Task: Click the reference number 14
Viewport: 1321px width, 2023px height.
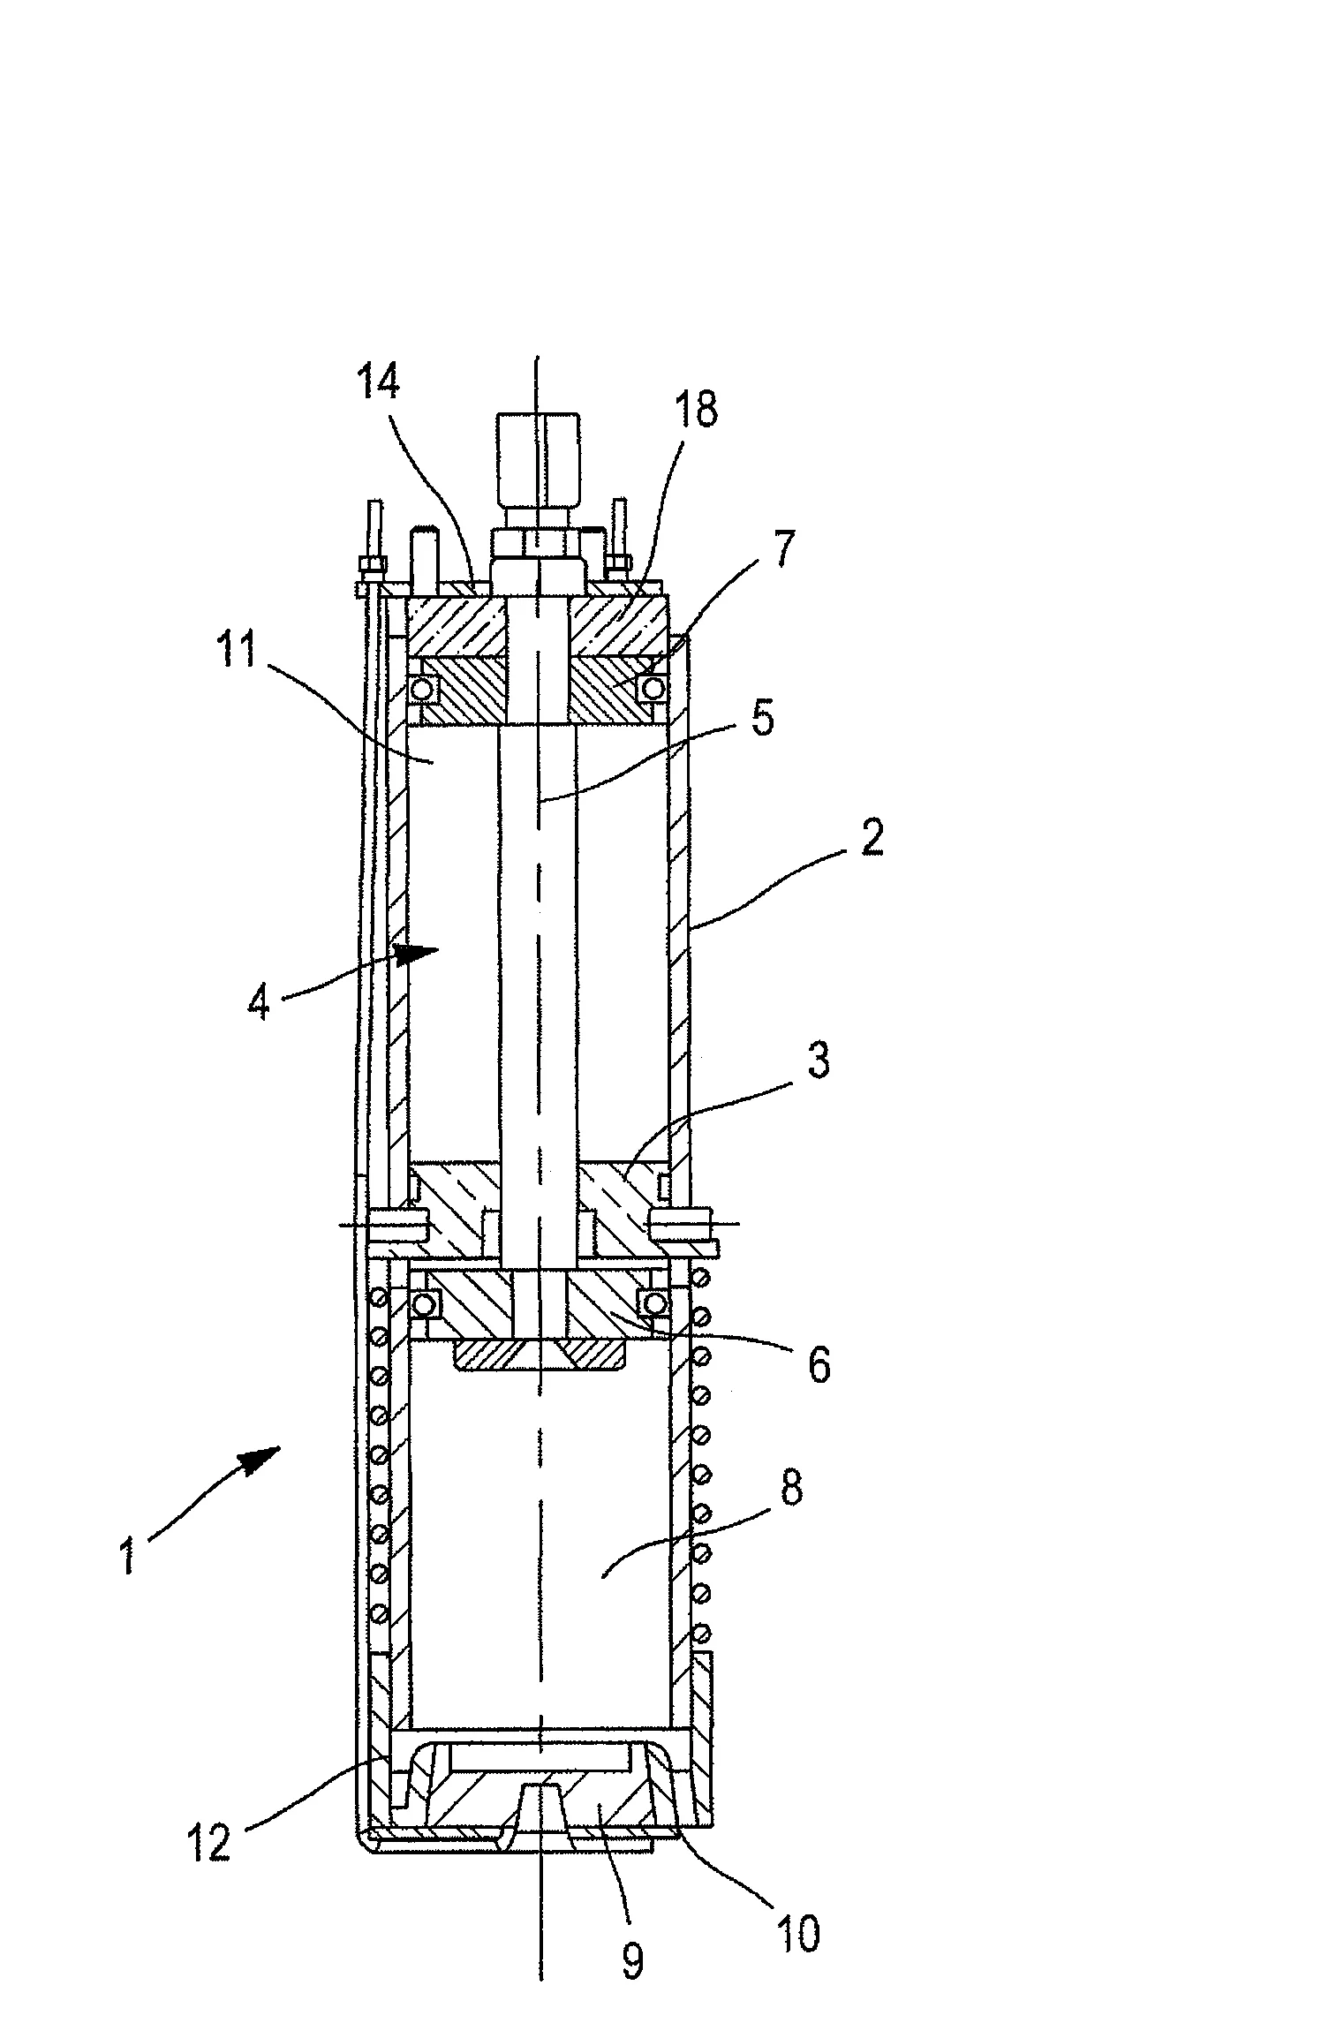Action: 379,385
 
